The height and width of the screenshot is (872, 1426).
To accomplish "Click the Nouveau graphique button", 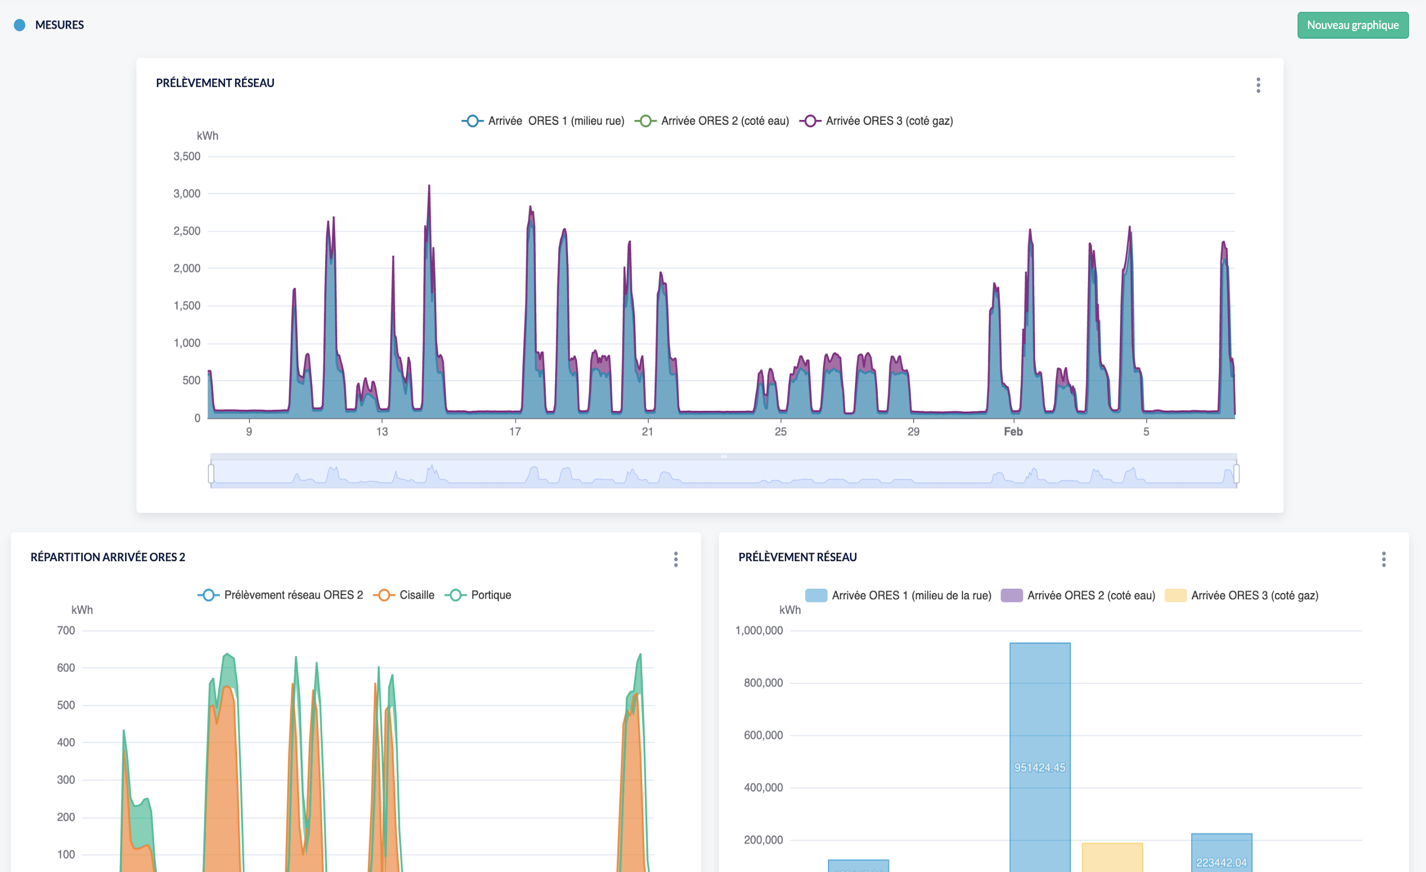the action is click(x=1352, y=25).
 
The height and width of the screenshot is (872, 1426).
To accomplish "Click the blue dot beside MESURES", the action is click(x=20, y=25).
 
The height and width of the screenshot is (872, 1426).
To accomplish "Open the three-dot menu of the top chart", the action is click(x=1258, y=85).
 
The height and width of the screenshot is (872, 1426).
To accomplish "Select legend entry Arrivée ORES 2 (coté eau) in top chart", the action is click(x=712, y=121).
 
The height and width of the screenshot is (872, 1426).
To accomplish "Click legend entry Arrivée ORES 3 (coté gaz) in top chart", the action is click(x=876, y=121).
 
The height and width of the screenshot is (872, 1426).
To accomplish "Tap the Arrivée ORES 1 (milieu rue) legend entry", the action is click(x=543, y=121).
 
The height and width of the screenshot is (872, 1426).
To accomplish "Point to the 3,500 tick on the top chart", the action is click(x=187, y=156).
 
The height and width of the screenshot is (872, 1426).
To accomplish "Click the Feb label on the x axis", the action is click(x=1013, y=432).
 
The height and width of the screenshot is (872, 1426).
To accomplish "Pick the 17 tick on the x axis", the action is click(x=515, y=432).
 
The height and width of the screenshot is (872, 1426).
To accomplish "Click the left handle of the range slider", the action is click(x=211, y=474).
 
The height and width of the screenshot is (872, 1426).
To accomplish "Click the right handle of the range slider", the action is click(x=1236, y=474).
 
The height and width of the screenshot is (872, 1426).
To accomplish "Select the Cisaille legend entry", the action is click(x=404, y=594).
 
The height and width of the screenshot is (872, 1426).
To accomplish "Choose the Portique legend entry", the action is click(x=478, y=594).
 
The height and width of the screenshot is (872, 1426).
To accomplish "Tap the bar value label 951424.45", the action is click(x=1040, y=767).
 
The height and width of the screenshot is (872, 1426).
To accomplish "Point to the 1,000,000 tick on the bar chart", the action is click(x=759, y=630).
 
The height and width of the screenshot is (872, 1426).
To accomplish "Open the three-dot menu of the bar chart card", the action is click(x=1384, y=560).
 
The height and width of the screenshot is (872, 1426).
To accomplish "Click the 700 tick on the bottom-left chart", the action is click(x=66, y=630).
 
